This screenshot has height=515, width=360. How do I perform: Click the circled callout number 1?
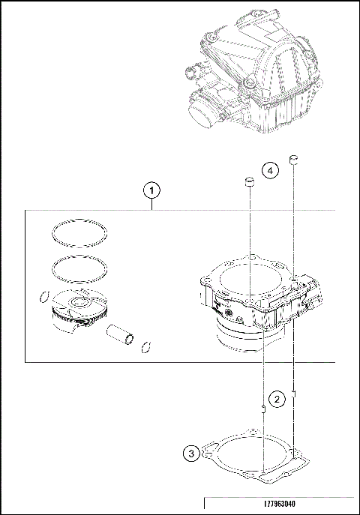pyautogui.click(x=152, y=190)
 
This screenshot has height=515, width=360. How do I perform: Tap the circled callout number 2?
pyautogui.click(x=277, y=399)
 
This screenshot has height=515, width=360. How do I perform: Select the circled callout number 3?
pyautogui.click(x=192, y=453)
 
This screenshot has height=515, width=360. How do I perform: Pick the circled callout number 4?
pyautogui.click(x=270, y=171)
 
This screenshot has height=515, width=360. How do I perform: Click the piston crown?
pyautogui.click(x=75, y=304)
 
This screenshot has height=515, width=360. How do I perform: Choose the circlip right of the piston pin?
pyautogui.click(x=146, y=346)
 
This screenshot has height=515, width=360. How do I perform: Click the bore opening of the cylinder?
pyautogui.click(x=247, y=279)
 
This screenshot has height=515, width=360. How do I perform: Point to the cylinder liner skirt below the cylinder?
pyautogui.click(x=240, y=341)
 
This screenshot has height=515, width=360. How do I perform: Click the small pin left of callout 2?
pyautogui.click(x=262, y=408)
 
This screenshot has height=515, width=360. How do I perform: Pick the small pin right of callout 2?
pyautogui.click(x=295, y=391)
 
